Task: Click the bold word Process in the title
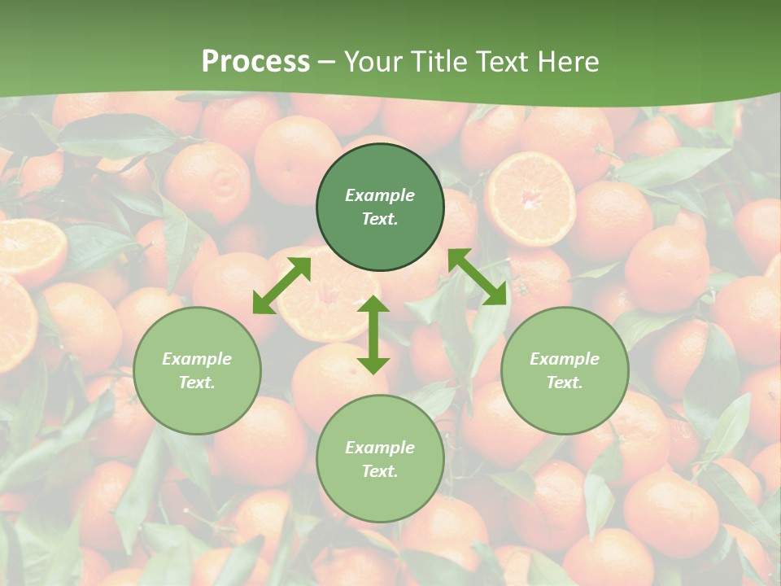(x=255, y=62)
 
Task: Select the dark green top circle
(x=380, y=208)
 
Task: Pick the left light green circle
(x=197, y=371)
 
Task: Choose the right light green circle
(x=565, y=371)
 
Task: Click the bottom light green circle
(x=380, y=459)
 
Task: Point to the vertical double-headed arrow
(x=373, y=335)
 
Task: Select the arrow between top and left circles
(x=281, y=285)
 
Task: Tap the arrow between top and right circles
(x=477, y=277)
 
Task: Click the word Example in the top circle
(x=380, y=195)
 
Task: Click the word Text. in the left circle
(x=197, y=383)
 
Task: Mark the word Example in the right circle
(x=565, y=359)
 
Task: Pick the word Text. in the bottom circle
(x=380, y=471)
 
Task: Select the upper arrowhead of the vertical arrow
(x=373, y=304)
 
